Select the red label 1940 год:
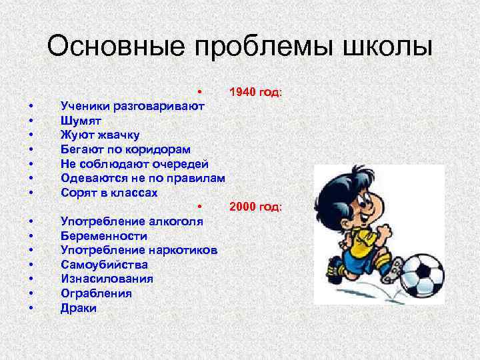tap(256, 91)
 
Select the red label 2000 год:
tap(256, 207)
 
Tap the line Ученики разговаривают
tap(132, 105)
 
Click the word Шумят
tap(81, 120)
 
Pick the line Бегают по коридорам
tap(125, 149)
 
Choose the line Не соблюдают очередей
tap(134, 163)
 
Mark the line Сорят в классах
tap(109, 193)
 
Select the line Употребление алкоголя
tap(132, 221)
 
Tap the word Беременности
tap(104, 235)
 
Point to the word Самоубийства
tap(104, 265)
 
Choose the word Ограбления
tap(96, 293)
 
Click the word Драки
tap(79, 308)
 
